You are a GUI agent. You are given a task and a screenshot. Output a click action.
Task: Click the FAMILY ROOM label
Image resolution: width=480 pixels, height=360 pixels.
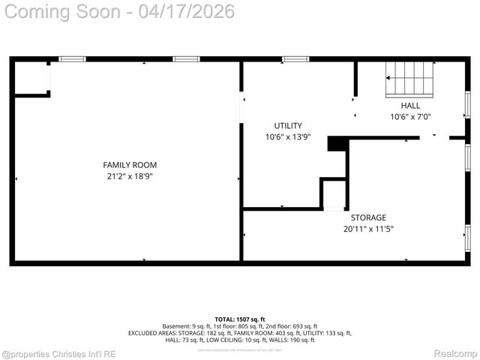tap(130, 165)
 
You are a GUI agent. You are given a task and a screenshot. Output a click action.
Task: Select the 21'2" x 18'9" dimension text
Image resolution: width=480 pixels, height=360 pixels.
tap(130, 177)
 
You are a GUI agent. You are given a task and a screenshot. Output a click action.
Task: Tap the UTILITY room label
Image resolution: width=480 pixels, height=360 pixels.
tap(288, 125)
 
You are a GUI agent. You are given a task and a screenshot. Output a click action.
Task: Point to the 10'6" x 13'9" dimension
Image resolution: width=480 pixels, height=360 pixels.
tap(288, 137)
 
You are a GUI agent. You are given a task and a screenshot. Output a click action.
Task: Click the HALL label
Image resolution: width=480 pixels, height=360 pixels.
tap(410, 106)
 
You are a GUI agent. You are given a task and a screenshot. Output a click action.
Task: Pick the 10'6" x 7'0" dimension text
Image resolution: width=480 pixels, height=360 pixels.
tap(410, 117)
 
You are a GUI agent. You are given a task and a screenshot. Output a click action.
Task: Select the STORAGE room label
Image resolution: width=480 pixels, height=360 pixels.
tap(368, 217)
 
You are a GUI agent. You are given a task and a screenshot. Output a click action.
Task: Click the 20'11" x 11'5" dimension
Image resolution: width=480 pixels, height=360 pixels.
tap(368, 229)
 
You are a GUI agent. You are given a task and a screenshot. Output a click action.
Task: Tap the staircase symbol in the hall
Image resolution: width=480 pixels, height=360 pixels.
tap(410, 79)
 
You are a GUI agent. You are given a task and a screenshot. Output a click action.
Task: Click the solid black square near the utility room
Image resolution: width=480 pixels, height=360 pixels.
tap(336, 144)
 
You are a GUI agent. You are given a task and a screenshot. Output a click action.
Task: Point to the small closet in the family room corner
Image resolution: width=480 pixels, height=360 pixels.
tap(31, 78)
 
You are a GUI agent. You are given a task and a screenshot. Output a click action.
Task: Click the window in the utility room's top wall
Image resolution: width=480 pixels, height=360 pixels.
tap(295, 59)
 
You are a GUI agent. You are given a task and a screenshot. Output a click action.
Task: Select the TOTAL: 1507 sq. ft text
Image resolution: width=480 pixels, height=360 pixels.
tap(240, 319)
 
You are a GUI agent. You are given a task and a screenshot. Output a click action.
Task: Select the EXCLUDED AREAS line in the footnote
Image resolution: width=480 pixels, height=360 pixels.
tap(240, 333)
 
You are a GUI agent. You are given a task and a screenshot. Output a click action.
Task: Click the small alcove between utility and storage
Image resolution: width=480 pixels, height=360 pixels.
tap(334, 193)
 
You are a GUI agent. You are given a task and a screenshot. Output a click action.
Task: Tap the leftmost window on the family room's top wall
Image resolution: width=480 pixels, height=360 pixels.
tap(73, 59)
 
